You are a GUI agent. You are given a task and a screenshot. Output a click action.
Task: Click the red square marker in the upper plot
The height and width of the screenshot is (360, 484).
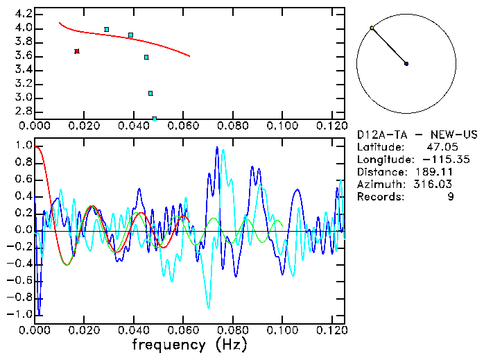point(77,51)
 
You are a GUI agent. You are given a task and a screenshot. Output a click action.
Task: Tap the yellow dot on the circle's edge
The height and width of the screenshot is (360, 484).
point(372,28)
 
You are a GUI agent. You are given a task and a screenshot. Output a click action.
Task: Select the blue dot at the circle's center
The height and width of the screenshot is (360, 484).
point(406,64)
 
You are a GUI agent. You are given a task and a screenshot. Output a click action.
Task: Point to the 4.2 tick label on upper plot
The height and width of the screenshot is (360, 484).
point(23,14)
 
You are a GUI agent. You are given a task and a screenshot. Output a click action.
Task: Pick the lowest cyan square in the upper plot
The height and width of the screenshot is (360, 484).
point(154,119)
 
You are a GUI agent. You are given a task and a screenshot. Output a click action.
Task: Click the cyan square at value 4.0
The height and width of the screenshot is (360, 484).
point(106,29)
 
